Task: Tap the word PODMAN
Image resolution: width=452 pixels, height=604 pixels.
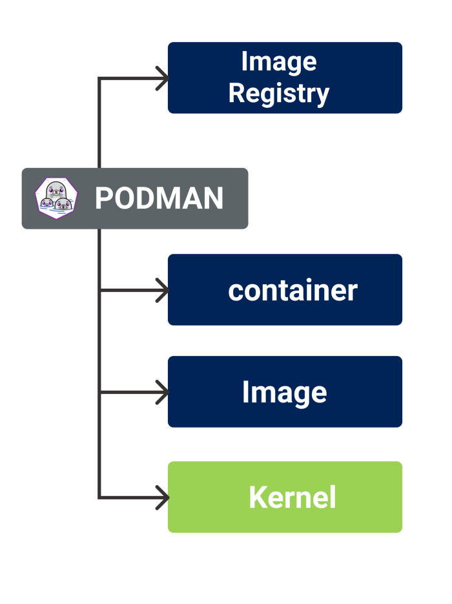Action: coord(159,198)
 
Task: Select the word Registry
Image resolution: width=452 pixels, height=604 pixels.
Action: coord(278,94)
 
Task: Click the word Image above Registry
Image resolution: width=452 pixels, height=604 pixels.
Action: coord(278,62)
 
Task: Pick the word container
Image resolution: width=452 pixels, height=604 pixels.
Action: coord(292,291)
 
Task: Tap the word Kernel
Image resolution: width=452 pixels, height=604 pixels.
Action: coord(292,497)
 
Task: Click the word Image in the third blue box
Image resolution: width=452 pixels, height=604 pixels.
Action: coord(284,392)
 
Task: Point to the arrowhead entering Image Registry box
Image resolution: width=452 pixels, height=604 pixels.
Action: coord(161,78)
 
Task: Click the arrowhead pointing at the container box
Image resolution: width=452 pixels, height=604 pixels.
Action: coord(161,290)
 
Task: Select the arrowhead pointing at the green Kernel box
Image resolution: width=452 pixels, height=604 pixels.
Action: coord(161,497)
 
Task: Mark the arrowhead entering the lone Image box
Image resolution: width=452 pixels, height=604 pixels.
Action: coord(161,392)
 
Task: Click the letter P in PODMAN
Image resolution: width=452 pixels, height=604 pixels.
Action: coord(104,198)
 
